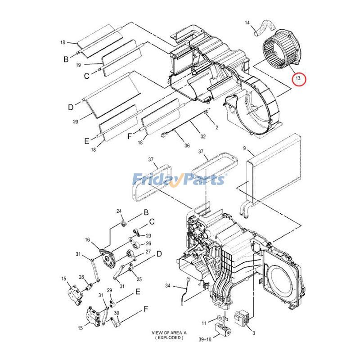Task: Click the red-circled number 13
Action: (x=298, y=78)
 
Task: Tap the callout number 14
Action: (x=247, y=22)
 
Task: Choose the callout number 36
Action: (x=187, y=145)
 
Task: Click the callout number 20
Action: (x=75, y=121)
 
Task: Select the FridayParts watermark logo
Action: (x=178, y=180)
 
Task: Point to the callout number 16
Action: (x=87, y=240)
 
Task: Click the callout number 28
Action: (x=81, y=277)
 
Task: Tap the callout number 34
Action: (x=168, y=286)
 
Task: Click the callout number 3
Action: (x=253, y=333)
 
